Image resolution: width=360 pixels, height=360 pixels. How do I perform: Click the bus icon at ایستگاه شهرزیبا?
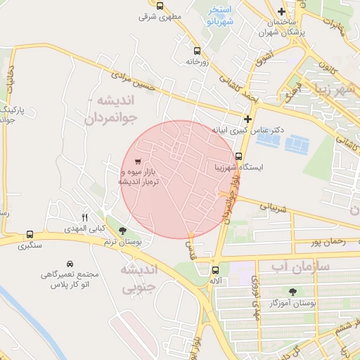pyautogui.click(x=239, y=156)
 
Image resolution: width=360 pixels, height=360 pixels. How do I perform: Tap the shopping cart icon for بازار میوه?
pyautogui.click(x=138, y=161)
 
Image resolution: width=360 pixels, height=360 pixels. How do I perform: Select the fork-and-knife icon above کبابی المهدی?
pyautogui.click(x=85, y=217)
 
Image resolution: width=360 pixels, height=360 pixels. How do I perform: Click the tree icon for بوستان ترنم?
pyautogui.click(x=123, y=230)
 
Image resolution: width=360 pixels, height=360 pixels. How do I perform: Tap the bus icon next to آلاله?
pyautogui.click(x=215, y=269)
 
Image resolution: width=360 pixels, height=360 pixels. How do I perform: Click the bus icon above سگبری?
pyautogui.click(x=30, y=234)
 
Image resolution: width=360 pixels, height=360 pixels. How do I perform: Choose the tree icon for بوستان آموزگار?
pyautogui.click(x=292, y=291)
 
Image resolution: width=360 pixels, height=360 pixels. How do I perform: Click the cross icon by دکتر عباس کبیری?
pyautogui.click(x=247, y=119)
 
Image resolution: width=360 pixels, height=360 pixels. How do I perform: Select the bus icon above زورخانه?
pyautogui.click(x=196, y=51)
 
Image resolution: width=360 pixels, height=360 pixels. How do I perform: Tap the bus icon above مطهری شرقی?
pyautogui.click(x=160, y=6)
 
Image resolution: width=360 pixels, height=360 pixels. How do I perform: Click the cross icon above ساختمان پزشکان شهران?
pyautogui.click(x=281, y=11)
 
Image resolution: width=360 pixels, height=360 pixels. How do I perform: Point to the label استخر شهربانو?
pyautogui.click(x=221, y=15)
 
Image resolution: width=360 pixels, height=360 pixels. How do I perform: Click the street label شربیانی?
pyautogui.click(x=275, y=207)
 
